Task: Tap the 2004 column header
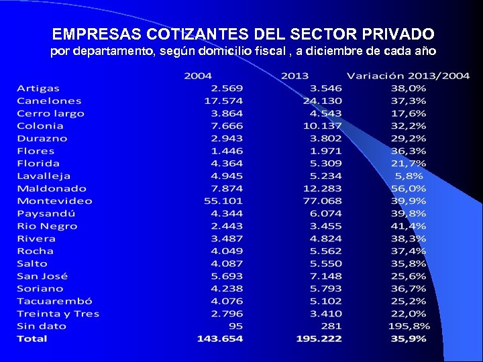(198, 76)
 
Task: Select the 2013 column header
(295, 76)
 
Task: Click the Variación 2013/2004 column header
(408, 76)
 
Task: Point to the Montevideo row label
(54, 201)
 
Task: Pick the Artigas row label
(38, 88)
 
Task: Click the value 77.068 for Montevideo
(322, 201)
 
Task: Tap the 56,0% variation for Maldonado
(409, 188)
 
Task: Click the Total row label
(32, 339)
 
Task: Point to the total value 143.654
(220, 339)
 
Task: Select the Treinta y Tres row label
(58, 314)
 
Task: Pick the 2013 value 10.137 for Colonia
(322, 126)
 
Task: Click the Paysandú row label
(46, 214)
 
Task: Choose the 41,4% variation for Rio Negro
(409, 227)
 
